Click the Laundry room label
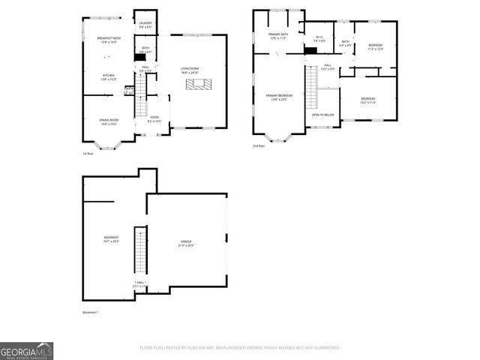[145, 25]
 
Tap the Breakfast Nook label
[109, 40]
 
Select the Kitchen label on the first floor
[109, 76]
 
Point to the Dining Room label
[109, 121]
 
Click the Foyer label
[154, 118]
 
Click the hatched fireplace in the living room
[199, 83]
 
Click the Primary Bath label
[278, 36]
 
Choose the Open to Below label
[323, 115]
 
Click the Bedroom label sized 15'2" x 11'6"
[367, 100]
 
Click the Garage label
[185, 244]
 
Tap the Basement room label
[111, 240]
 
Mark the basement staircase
[138, 252]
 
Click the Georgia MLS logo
[26, 350]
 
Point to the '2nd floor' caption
[259, 146]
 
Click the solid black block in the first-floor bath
[140, 56]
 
